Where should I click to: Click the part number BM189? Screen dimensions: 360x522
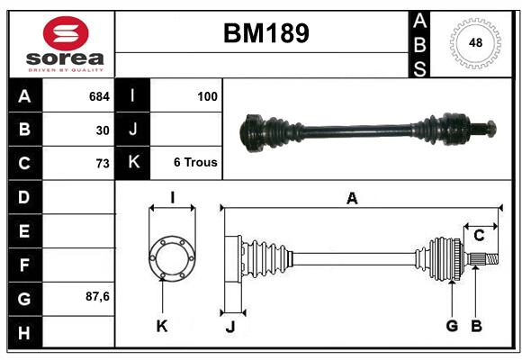[x=265, y=33]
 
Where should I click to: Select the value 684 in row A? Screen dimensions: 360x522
[x=99, y=95]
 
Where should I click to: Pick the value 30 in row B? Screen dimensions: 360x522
[x=103, y=130]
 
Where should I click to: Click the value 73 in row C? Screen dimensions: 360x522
[x=103, y=164]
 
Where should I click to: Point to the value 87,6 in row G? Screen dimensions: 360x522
[x=97, y=296]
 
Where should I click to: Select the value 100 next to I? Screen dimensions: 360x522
[x=207, y=95]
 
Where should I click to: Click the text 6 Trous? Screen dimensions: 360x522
[x=195, y=163]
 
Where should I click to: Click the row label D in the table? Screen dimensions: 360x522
[x=24, y=196]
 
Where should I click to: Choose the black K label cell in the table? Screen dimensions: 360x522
[x=133, y=163]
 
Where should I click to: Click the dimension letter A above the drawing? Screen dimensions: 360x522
[x=352, y=199]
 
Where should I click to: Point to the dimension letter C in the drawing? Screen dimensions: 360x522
[x=479, y=235]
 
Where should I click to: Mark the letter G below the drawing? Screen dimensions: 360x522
[x=452, y=325]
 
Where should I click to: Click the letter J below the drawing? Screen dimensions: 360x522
[x=229, y=326]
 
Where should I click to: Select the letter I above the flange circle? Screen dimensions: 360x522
[x=171, y=198]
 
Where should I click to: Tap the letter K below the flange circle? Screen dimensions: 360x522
[x=162, y=326]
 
